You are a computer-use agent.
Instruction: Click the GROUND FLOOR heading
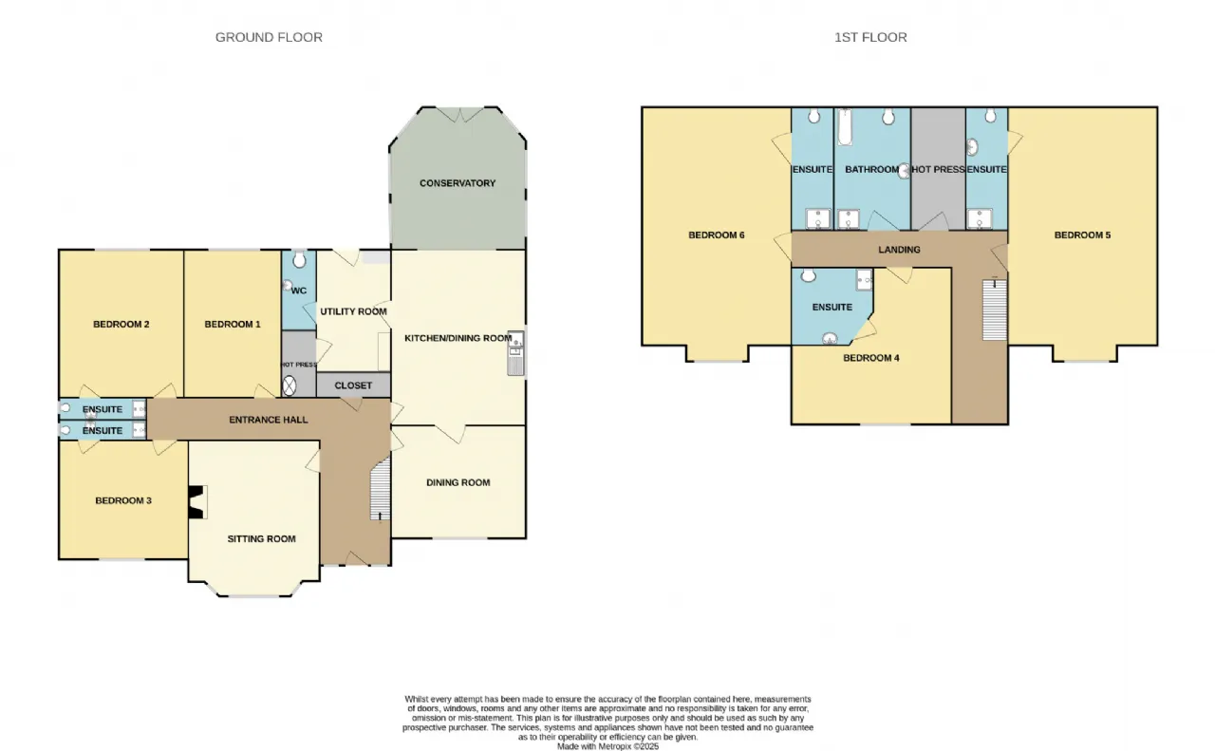coord(269,37)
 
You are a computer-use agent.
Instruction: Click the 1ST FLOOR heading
coord(870,37)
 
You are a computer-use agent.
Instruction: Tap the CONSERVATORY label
coord(458,183)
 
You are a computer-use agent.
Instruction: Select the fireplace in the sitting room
coord(196,502)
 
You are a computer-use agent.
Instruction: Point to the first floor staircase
coord(995,310)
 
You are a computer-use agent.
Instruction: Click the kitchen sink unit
coord(515,352)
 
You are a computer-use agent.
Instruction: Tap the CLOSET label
coord(353,385)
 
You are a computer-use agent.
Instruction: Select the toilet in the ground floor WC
coord(299,259)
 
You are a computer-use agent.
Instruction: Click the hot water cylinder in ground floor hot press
coord(290,386)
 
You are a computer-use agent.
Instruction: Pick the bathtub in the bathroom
coord(844,126)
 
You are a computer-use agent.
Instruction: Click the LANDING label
coord(899,250)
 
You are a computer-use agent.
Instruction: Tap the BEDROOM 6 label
coord(716,235)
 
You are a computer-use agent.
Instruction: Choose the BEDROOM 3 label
coord(123,500)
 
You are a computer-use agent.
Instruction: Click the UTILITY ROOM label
coord(353,311)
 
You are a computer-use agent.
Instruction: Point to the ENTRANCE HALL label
coord(269,420)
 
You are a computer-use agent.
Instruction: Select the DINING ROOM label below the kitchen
coord(458,482)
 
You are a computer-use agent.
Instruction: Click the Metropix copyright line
coord(607,746)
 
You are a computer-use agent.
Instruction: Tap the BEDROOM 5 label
coord(1082,235)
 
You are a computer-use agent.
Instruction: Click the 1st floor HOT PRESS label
coord(938,169)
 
